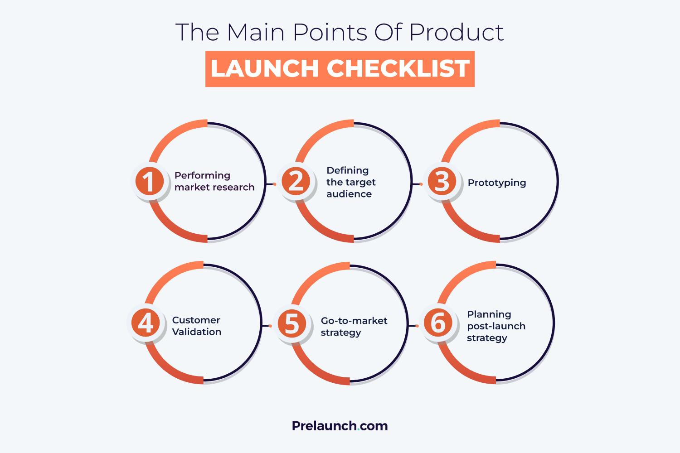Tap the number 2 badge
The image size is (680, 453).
point(296,182)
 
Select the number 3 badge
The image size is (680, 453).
point(442,182)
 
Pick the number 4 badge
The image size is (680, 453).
point(146,323)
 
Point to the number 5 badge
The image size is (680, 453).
point(292,323)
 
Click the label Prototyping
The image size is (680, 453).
point(497,183)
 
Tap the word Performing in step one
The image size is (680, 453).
point(202,175)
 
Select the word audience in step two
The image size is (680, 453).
point(349,194)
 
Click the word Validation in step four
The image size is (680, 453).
point(197,332)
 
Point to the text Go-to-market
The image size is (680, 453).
point(354,321)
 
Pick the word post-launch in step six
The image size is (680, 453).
point(496,326)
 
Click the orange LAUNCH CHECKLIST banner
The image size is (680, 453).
point(340,69)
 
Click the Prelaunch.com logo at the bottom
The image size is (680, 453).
point(340,426)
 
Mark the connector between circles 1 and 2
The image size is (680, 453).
point(272,184)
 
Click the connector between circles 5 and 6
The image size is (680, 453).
point(414,326)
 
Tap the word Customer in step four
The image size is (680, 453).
point(196,320)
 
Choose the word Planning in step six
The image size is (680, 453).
point(489,314)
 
